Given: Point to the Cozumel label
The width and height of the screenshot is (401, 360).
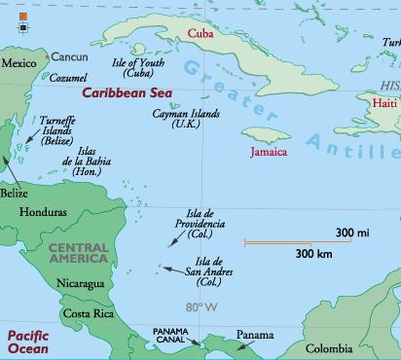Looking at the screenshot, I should click(x=67, y=77).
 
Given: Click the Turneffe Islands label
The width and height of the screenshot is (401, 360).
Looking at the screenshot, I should click(x=57, y=130).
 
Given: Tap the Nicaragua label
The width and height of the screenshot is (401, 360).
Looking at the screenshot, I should click(x=81, y=284).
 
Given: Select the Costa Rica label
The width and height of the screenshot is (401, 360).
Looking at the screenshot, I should click(x=89, y=313).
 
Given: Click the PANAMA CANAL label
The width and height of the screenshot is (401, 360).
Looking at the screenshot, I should click(x=177, y=336).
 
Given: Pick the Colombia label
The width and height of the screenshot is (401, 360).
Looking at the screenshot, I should click(x=330, y=348).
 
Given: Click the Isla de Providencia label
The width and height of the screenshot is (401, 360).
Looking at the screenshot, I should click(x=200, y=223).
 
